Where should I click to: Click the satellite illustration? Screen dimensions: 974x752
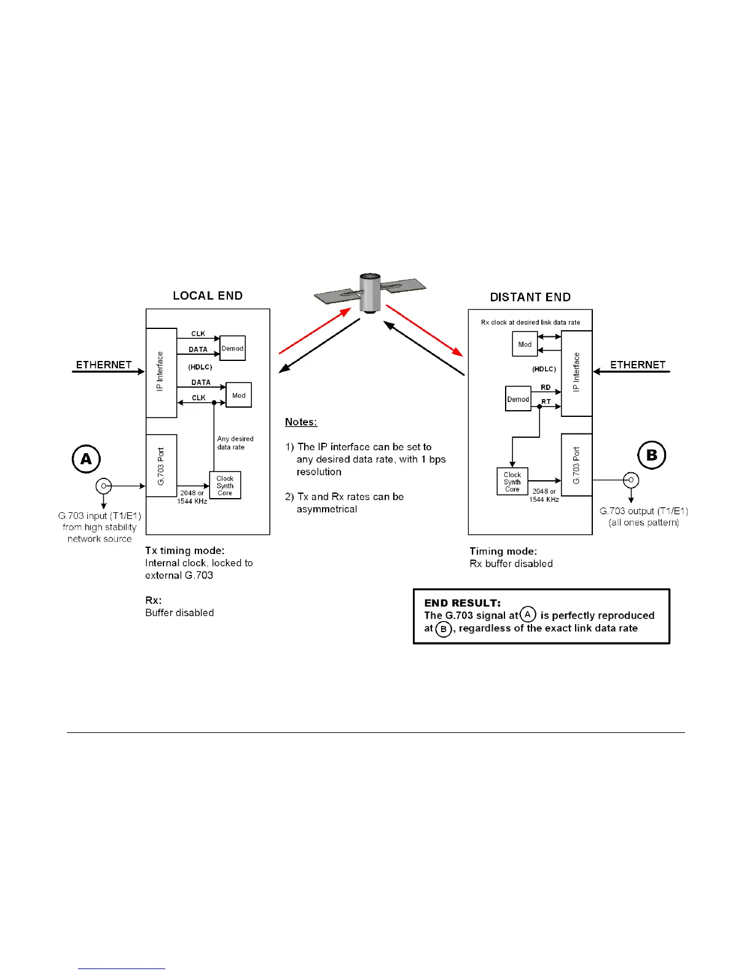(370, 293)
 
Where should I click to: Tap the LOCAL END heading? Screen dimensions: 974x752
(208, 296)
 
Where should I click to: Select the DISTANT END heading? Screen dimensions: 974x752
(530, 297)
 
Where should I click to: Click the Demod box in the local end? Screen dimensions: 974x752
(233, 348)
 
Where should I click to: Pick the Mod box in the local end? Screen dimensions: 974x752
(239, 395)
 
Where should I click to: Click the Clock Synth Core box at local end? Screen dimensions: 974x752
(225, 485)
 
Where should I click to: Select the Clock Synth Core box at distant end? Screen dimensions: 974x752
(512, 482)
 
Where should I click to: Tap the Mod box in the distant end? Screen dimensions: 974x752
(525, 344)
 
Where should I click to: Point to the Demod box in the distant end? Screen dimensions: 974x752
(518, 399)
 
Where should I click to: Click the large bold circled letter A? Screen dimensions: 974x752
(86, 459)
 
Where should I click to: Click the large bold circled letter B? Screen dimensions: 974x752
(652, 455)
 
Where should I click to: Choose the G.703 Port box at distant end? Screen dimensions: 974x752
(576, 464)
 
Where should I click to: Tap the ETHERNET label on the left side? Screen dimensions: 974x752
(104, 365)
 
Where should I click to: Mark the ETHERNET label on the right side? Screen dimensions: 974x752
(638, 365)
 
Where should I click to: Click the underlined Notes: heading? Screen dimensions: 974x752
(301, 422)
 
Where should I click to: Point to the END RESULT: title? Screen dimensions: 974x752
(462, 603)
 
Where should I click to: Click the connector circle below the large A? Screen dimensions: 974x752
(104, 486)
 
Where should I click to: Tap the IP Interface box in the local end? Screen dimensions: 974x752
(161, 373)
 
